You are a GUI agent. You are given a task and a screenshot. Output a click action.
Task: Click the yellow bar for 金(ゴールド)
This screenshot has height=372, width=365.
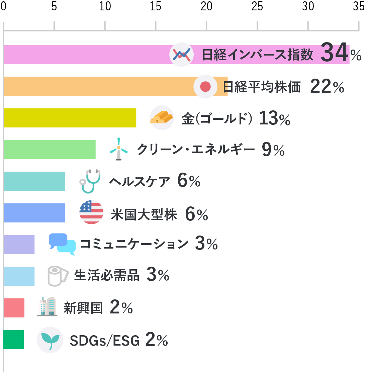(x=70, y=118)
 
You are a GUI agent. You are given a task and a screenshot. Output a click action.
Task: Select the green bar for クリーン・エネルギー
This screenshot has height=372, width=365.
(x=50, y=150)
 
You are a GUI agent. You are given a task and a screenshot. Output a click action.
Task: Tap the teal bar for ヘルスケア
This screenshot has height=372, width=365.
(x=35, y=181)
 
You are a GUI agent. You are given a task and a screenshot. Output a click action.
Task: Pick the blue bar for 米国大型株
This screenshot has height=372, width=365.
(x=34, y=213)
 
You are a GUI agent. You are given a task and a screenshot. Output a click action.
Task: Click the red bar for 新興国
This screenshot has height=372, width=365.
(x=14, y=308)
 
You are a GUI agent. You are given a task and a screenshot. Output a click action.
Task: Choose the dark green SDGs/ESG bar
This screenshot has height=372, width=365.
(x=13, y=340)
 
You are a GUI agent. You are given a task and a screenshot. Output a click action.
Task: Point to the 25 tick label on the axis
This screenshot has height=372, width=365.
(x=257, y=6)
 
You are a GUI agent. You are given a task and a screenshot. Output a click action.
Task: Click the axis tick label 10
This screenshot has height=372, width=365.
(x=105, y=6)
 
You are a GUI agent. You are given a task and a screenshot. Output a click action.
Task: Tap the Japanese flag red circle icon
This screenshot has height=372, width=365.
(x=205, y=87)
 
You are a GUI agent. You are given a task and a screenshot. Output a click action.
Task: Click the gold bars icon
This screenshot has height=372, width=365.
(x=162, y=118)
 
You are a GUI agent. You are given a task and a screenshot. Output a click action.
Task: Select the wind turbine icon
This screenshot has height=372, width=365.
(x=119, y=149)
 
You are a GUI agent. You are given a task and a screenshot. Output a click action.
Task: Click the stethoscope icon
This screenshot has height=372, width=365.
(x=90, y=181)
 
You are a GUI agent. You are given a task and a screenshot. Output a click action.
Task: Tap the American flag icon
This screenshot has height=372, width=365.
(x=91, y=212)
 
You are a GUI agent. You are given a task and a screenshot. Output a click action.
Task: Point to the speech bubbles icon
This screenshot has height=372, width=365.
(x=62, y=244)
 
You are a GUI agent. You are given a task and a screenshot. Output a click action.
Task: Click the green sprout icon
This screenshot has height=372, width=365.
(x=50, y=340)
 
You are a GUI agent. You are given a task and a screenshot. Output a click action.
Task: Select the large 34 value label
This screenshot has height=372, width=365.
(x=335, y=52)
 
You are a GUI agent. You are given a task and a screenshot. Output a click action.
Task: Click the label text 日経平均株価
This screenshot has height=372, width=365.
(x=262, y=87)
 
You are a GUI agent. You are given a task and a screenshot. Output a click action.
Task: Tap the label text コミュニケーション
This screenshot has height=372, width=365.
(x=134, y=244)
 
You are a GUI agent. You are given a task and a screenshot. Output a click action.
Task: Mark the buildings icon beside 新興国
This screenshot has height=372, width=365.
(x=47, y=306)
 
